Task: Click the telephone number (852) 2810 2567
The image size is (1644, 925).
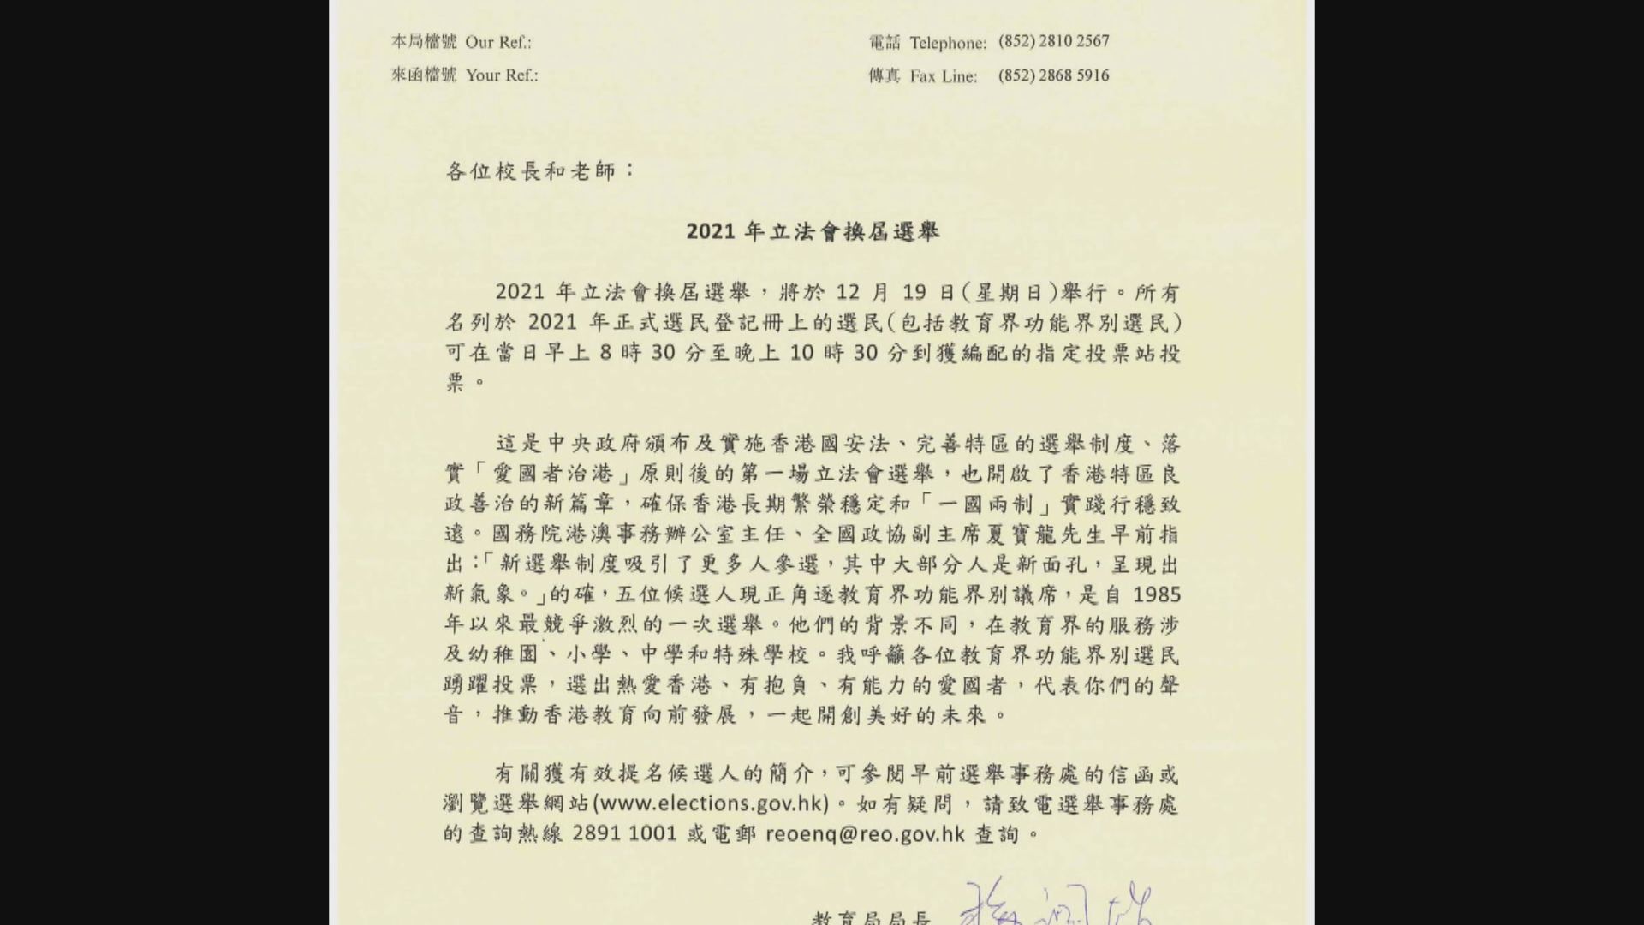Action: tap(1053, 41)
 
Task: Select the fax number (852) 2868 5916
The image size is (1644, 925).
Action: tap(1053, 75)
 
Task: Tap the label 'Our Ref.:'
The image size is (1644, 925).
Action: tap(498, 42)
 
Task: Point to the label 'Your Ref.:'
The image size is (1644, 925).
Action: tap(502, 75)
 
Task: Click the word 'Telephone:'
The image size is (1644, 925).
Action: tap(948, 43)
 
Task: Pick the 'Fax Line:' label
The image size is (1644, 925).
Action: tap(943, 76)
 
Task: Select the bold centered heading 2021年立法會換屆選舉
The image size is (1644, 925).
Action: tap(813, 232)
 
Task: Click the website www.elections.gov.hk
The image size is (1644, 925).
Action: tap(711, 804)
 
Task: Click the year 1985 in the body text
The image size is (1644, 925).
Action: tap(1156, 594)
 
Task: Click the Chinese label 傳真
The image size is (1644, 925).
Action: tap(884, 75)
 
